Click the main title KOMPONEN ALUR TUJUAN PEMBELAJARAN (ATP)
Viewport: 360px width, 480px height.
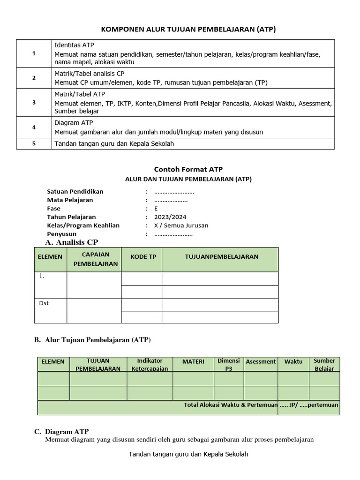pyautogui.click(x=189, y=30)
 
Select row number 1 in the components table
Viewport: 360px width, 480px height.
pyautogui.click(x=34, y=53)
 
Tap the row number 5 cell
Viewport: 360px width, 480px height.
pyautogui.click(x=34, y=144)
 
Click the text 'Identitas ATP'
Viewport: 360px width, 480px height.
pyautogui.click(x=74, y=45)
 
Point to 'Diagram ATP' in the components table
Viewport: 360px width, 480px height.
pyautogui.click(x=74, y=123)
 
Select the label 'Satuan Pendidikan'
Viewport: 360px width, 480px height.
pyautogui.click(x=75, y=192)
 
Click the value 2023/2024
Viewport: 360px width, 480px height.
pyautogui.click(x=170, y=217)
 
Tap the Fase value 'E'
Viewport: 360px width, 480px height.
pyautogui.click(x=156, y=209)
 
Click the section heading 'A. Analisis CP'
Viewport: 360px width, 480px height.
pyautogui.click(x=72, y=242)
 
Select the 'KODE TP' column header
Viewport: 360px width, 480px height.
pyautogui.click(x=142, y=257)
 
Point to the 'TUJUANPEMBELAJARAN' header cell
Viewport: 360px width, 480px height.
pyautogui.click(x=222, y=257)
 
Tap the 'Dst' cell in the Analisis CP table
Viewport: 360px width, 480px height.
pyautogui.click(x=44, y=303)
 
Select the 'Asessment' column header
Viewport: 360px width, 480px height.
pyautogui.click(x=261, y=361)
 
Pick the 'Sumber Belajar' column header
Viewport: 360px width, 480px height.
pyautogui.click(x=324, y=364)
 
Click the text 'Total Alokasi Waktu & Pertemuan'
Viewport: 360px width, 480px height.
pyautogui.click(x=231, y=405)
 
